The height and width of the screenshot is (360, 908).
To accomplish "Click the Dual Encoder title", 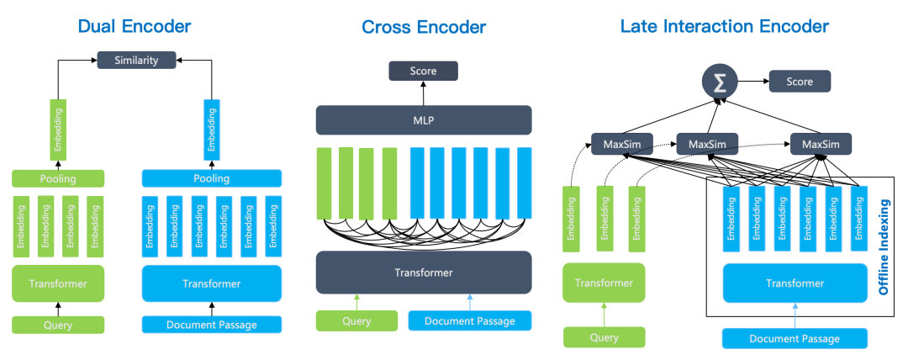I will [134, 26].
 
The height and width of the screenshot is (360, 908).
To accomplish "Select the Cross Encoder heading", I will [424, 27].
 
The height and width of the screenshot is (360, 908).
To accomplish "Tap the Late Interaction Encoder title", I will [724, 26].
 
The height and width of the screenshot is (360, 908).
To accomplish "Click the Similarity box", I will [136, 61].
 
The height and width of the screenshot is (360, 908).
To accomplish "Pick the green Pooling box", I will [57, 178].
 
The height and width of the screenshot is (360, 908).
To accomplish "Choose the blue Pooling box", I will [211, 178].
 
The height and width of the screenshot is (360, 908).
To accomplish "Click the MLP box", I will [424, 119].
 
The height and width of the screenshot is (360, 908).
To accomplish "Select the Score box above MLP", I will [423, 71].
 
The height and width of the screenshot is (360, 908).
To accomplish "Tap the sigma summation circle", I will [720, 82].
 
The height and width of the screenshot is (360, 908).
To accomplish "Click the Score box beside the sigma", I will [800, 82].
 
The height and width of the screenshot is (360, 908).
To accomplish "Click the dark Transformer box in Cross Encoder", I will [424, 273].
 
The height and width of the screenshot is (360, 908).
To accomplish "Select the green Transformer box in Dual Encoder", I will [57, 283].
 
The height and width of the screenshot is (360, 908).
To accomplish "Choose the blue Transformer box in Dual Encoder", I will [211, 283].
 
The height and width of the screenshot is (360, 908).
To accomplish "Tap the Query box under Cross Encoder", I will [356, 320].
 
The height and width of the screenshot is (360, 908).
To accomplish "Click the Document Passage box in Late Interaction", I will [794, 338].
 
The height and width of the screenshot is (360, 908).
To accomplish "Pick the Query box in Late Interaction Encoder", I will [604, 337].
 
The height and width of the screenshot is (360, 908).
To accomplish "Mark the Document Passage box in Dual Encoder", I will [211, 325].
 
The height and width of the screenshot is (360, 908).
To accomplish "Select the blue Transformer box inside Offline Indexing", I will [794, 283].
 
